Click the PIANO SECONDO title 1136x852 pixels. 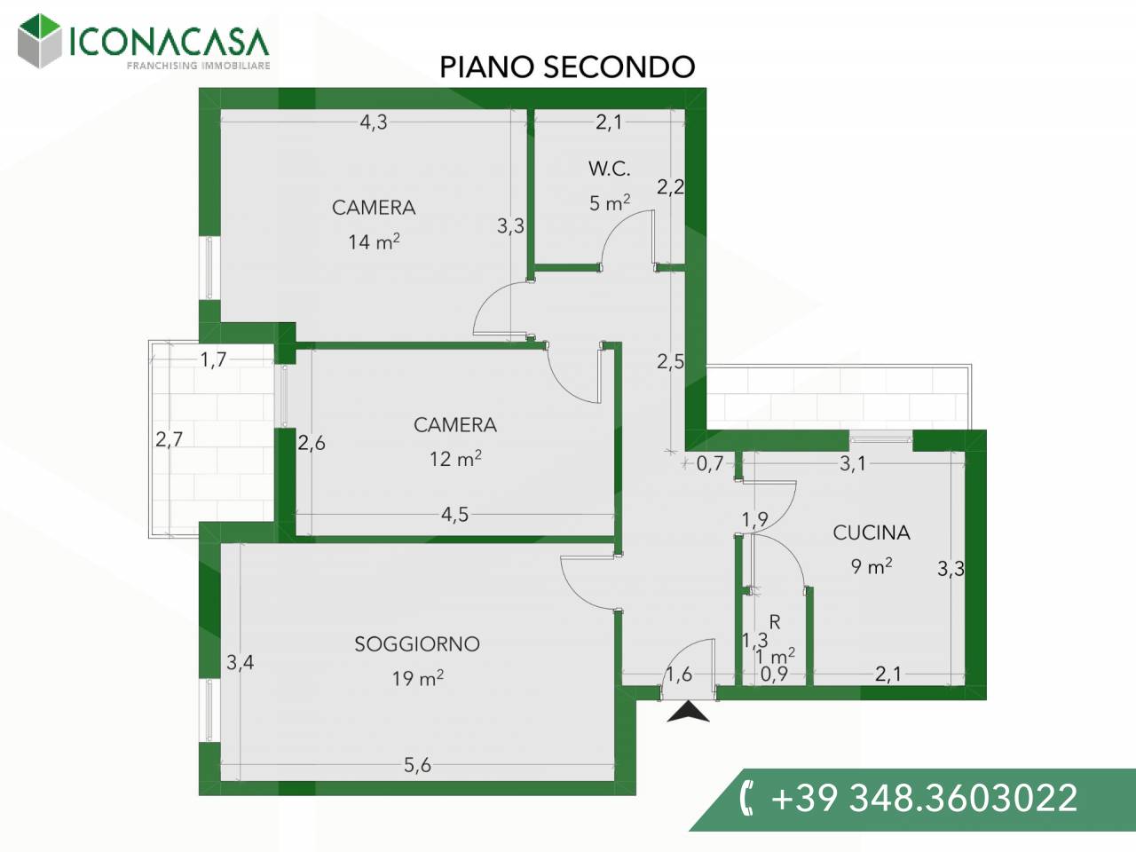coord(567,67)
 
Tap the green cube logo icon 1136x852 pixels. coord(39,42)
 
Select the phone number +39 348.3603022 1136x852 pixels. coord(924,797)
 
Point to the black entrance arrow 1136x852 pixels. coord(688,711)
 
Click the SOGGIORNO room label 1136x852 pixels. coord(417,644)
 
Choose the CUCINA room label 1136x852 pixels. coord(872,532)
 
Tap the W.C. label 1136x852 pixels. coord(609,169)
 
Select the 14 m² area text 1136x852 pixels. coord(374,241)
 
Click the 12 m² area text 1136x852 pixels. coord(455,458)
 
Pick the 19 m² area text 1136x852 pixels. coord(418,678)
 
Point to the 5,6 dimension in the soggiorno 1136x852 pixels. coord(417,764)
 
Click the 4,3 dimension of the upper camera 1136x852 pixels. coord(374,122)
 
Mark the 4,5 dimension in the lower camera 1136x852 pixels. coord(455,514)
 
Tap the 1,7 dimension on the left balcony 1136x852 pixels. coord(213,359)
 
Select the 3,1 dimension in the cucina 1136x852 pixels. coord(852,463)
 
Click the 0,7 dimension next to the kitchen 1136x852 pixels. coord(709,463)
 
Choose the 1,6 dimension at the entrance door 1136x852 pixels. coord(679,674)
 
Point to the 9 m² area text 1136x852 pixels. coord(872,566)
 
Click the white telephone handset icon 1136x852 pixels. coord(746,799)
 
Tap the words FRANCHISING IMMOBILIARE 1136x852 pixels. coord(199,66)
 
